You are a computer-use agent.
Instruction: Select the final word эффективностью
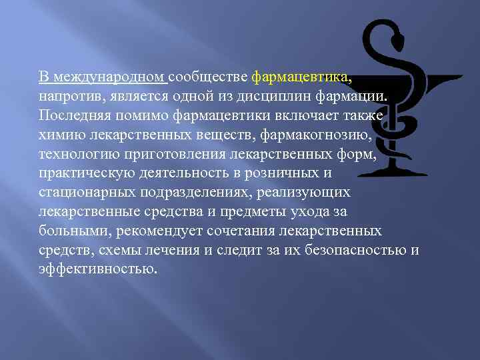97,270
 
